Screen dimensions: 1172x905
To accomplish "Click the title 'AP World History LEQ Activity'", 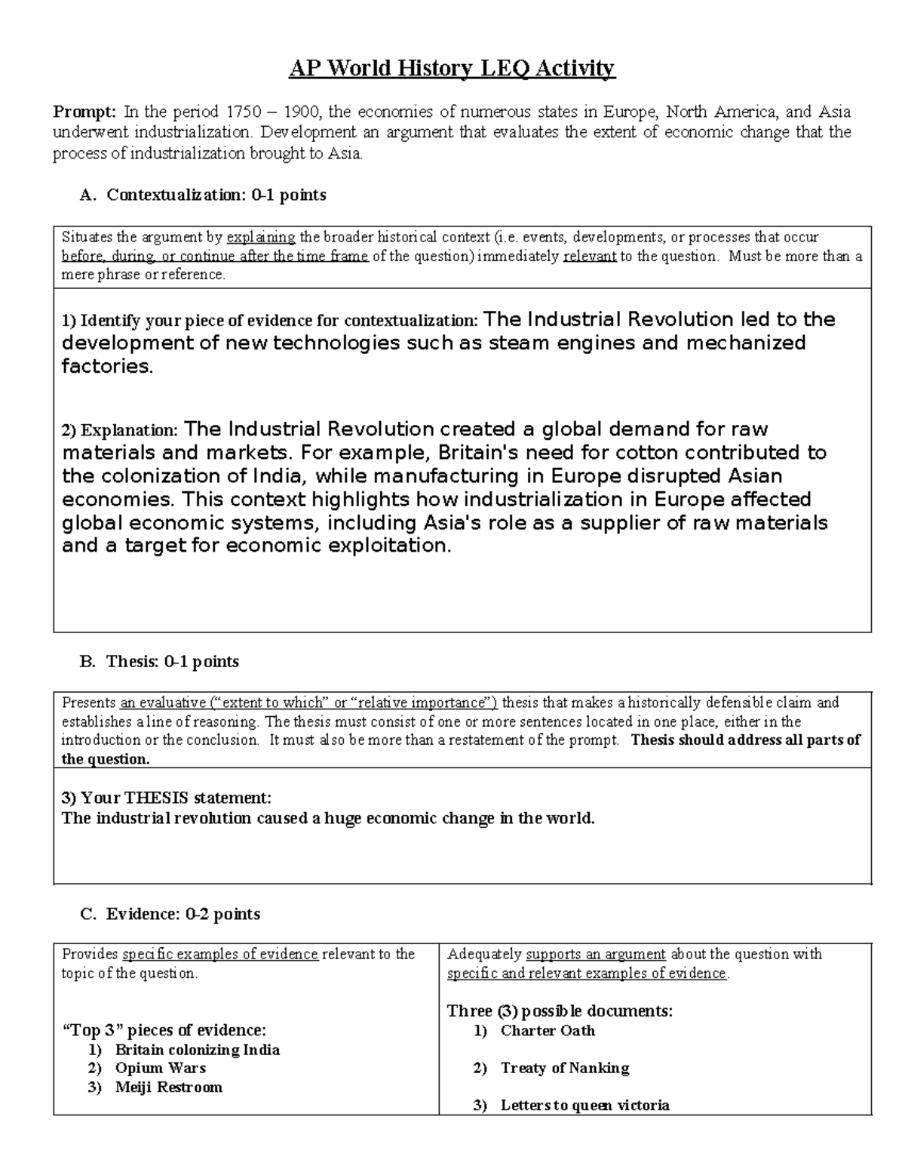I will (452, 69).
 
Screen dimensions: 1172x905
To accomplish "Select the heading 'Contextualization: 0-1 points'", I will (216, 195).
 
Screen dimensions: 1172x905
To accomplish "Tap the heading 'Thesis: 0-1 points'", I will (173, 662).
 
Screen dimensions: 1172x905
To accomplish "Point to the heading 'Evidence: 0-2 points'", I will (183, 914).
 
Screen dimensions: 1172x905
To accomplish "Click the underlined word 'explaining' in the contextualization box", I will (261, 237).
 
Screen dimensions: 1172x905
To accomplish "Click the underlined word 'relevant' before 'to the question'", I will (591, 256).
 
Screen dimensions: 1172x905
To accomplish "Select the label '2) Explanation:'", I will (120, 431).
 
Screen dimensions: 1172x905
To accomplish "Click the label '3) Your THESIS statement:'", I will (166, 798).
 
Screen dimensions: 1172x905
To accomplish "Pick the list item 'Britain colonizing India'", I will (197, 1050).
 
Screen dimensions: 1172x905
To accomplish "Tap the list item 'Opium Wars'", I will (160, 1068).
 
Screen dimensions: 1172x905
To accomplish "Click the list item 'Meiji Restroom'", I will (168, 1087).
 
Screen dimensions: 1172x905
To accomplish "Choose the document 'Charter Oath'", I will (548, 1031).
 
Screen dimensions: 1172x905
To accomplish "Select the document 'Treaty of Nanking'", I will (564, 1068).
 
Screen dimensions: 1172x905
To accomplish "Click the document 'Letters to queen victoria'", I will (584, 1106).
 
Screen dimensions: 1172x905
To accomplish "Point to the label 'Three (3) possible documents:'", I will (560, 1011).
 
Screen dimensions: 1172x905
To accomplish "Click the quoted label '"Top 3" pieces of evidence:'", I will (163, 1030).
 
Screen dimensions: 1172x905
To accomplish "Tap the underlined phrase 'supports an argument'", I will (595, 954).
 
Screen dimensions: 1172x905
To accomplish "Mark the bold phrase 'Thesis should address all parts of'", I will (745, 740).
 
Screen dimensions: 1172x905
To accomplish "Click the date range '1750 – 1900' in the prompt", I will (272, 112).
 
